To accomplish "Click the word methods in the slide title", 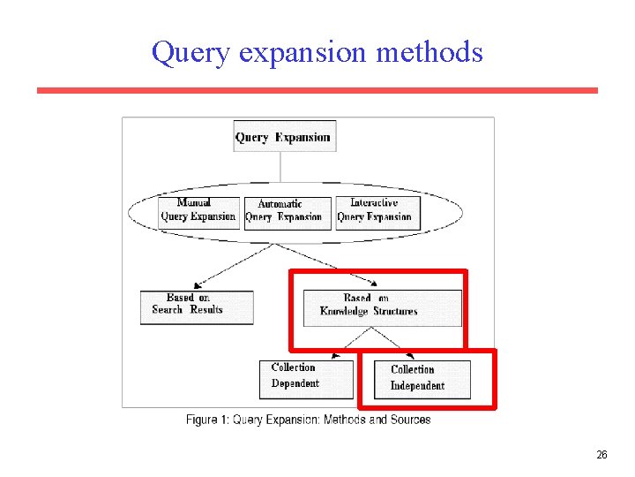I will point(430,52).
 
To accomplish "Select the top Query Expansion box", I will point(282,137).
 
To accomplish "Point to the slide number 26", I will point(601,455).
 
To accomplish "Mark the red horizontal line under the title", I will point(317,90).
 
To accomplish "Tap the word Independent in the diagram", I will point(417,386).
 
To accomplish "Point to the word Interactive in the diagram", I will point(374,203).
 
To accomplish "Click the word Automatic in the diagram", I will point(280,204).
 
